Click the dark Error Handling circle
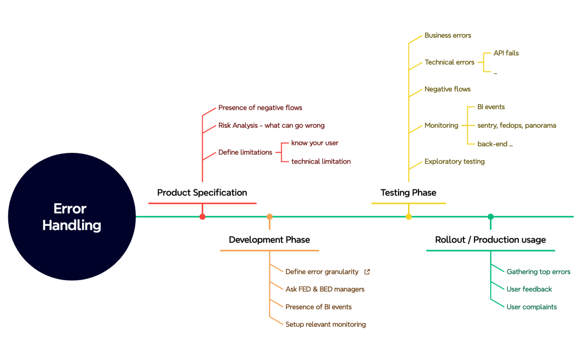pos(72,217)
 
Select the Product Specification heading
pos(202,193)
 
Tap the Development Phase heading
pos(269,240)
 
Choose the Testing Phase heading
pos(409,193)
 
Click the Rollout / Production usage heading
pos(491,240)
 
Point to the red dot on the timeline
pos(202,217)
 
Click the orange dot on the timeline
pos(269,217)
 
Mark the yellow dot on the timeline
pos(409,217)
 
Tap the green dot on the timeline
pos(491,217)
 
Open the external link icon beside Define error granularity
pos(367,272)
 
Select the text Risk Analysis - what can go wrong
pos(271,126)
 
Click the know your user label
pos(315,143)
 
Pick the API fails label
pos(506,53)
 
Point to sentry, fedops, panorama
pos(517,126)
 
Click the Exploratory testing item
pos(455,162)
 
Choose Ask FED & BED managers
pos(325,289)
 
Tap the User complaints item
pos(532,307)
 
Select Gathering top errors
pos(538,272)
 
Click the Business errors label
pos(448,35)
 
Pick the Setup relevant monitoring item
pos(325,325)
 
